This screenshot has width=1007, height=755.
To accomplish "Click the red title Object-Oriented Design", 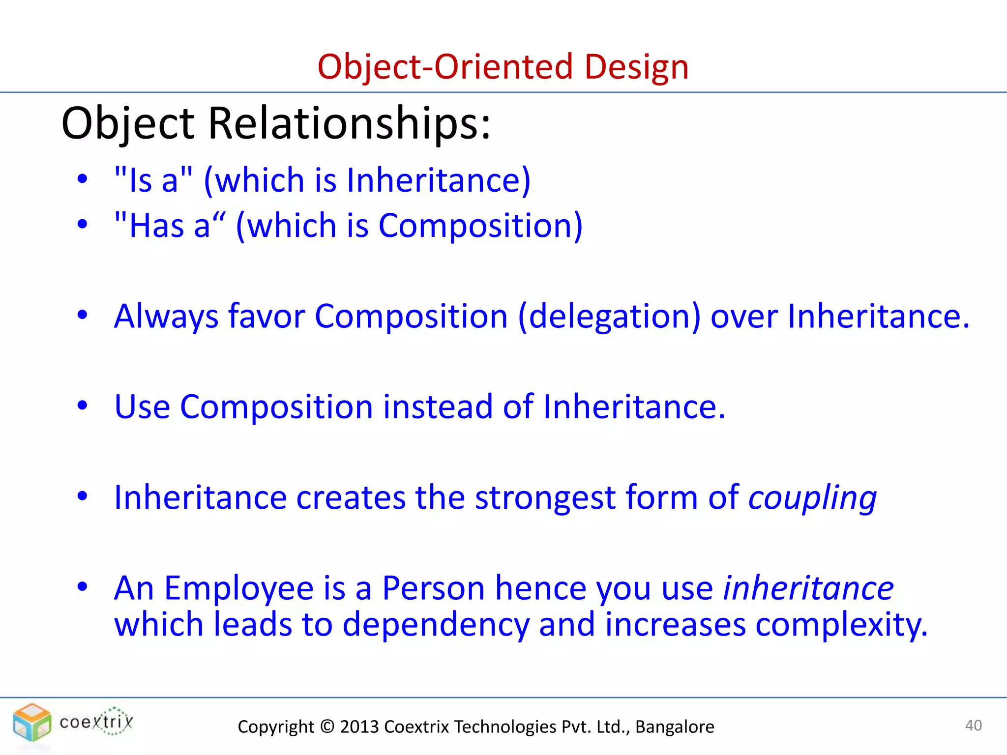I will tap(503, 67).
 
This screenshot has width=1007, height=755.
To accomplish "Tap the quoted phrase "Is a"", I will tap(153, 180).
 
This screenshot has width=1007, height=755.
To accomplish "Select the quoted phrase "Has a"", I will tap(170, 226).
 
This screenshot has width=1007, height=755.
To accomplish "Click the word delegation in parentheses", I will tap(609, 316).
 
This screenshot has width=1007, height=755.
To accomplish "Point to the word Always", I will tap(166, 316).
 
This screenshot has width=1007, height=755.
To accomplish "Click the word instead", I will tap(438, 407).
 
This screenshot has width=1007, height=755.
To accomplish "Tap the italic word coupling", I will tap(812, 498).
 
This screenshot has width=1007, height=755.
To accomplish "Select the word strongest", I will tap(545, 498).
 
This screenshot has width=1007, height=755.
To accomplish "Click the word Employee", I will tap(238, 588).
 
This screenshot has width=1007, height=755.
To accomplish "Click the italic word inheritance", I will tap(808, 588).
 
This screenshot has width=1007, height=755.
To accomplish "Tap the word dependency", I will tap(436, 625).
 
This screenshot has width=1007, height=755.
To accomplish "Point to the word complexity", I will tap(841, 625).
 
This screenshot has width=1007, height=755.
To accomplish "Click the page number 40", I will tap(973, 726).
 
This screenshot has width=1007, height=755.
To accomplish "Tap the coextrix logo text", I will tap(96, 722).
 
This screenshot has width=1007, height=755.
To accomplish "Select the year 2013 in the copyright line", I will tap(359, 727).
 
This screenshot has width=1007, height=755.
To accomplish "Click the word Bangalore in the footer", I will tap(675, 727).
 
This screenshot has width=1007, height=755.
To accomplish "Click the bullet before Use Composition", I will tap(82, 406).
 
